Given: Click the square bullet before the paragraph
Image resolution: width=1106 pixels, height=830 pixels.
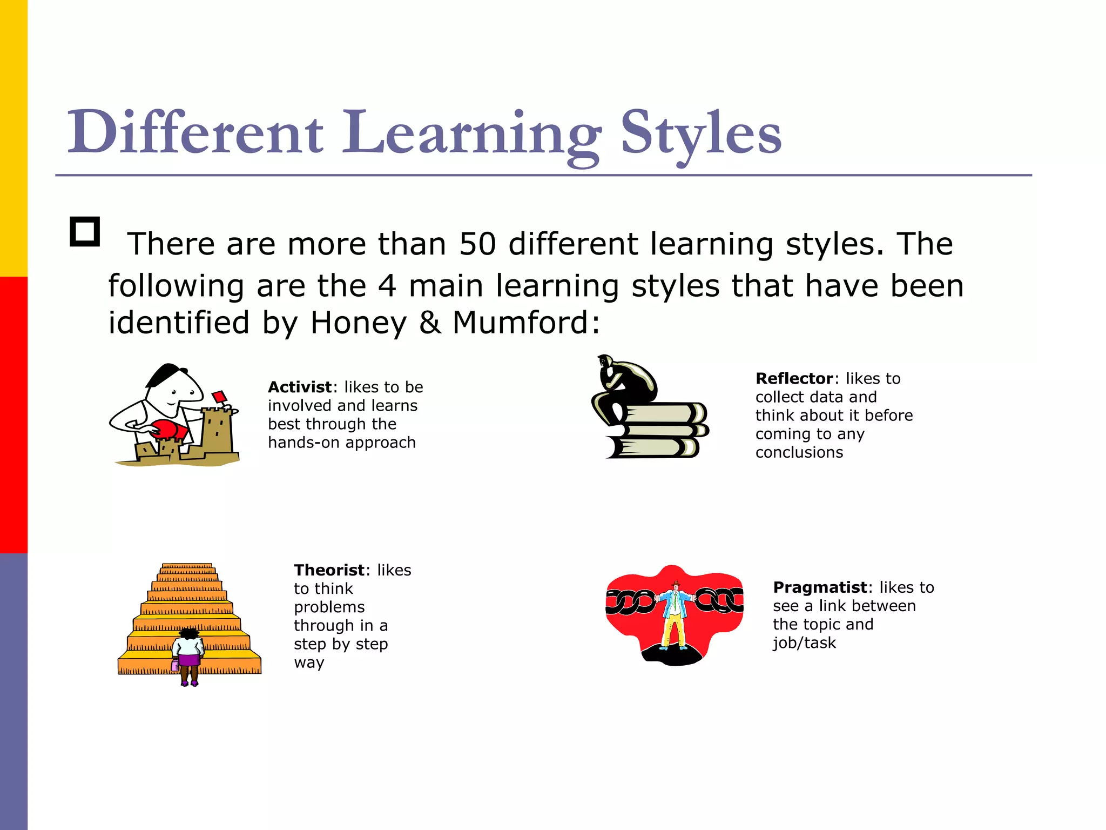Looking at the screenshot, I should click(x=85, y=232).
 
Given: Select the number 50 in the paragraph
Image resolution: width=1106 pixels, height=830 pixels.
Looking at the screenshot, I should click(x=477, y=244).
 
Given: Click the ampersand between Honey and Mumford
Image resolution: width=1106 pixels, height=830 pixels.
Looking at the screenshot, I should click(x=430, y=323).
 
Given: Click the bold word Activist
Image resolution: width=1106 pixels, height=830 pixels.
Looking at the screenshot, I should click(x=300, y=387).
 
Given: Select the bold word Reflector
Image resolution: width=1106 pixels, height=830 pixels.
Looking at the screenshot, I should click(x=794, y=378).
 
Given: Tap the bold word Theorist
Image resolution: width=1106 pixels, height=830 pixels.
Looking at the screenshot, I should click(x=329, y=570).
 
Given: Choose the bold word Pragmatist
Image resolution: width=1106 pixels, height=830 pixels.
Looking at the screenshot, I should click(x=819, y=587).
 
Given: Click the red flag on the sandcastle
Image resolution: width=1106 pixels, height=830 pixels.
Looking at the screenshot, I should click(x=219, y=397).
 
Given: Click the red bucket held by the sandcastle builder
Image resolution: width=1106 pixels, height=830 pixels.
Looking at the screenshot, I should click(x=169, y=430).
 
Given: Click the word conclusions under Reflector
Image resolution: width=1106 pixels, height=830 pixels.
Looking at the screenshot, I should click(x=799, y=452).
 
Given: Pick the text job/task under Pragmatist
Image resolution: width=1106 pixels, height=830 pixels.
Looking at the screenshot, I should click(x=804, y=642).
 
